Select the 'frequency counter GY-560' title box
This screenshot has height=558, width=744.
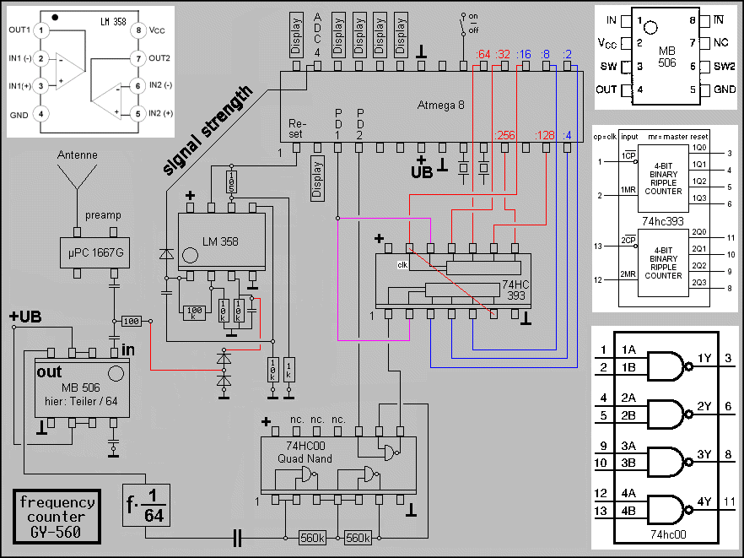tap(57, 516)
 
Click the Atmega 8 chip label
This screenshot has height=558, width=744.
tap(440, 105)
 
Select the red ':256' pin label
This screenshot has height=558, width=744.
tap(504, 136)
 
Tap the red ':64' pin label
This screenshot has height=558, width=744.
tap(483, 56)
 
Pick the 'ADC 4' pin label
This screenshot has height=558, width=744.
tap(317, 35)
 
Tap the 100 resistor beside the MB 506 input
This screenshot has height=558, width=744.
tap(130, 322)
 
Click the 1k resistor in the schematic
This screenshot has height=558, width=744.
tap(289, 368)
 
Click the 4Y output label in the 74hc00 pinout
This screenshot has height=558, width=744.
tap(704, 501)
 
